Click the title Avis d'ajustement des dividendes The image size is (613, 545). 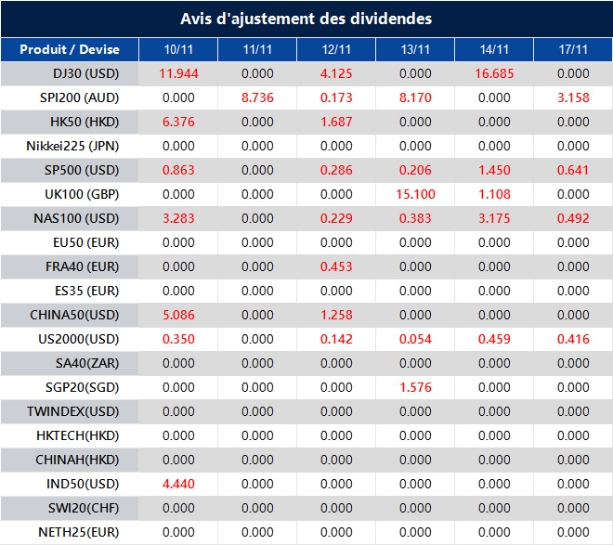pos(306,19)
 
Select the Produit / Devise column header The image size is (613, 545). pos(69,49)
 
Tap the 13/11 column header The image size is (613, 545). pos(415,49)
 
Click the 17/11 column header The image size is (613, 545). pos(573,49)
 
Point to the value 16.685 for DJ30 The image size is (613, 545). pos(494,73)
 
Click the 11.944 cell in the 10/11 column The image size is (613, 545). pos(178,73)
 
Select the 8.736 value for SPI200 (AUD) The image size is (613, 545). pos(257,97)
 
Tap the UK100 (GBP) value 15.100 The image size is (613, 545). pos(415,194)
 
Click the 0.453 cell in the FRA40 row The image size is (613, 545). pos(336,266)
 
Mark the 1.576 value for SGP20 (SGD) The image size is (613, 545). pos(415,387)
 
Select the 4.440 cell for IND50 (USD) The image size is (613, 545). pos(178,484)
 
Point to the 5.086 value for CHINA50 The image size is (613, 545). pos(178,315)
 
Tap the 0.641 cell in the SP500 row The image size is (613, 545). pos(573,170)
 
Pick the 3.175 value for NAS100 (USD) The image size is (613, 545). pos(494,218)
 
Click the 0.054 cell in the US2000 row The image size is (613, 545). pos(415,339)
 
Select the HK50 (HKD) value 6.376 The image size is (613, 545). pos(178,122)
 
